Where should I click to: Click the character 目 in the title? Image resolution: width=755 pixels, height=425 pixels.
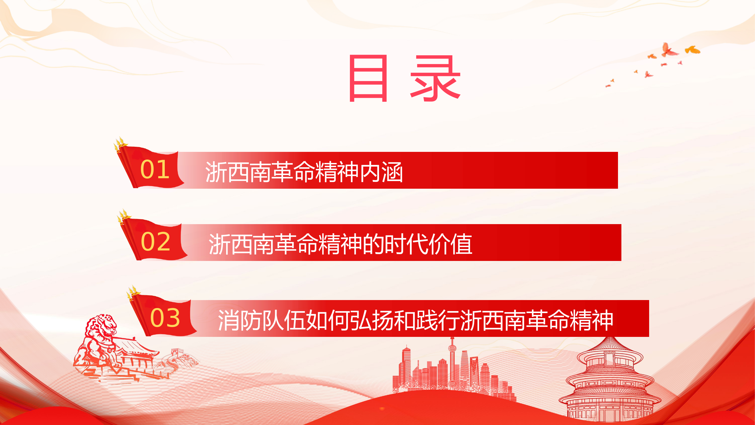(368, 78)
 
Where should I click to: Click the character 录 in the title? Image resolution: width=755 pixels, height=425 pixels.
(435, 78)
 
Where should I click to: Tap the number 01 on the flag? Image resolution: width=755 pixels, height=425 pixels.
(155, 169)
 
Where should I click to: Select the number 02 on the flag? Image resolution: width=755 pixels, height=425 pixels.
(155, 242)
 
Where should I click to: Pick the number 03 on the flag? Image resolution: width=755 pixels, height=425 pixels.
(165, 318)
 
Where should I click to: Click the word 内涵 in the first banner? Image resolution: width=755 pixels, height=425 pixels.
(381, 172)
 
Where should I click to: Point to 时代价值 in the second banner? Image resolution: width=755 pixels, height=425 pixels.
(428, 244)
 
